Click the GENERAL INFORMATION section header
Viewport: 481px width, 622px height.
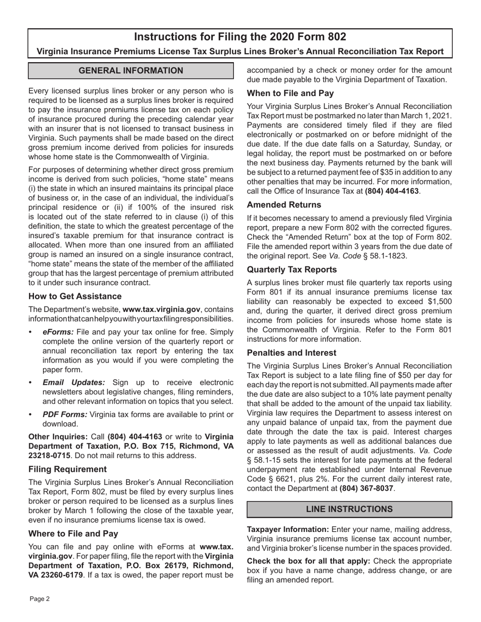tap(131, 71)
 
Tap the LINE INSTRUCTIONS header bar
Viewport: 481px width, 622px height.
tap(349, 509)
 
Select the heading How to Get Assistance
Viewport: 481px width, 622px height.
tap(75, 296)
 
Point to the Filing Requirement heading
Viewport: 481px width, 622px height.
tap(67, 469)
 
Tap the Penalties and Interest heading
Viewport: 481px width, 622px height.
tap(292, 352)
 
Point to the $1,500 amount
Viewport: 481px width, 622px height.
tap(440, 301)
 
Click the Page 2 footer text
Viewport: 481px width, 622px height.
tap(39, 599)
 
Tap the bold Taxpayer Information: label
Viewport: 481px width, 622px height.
tap(288, 529)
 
